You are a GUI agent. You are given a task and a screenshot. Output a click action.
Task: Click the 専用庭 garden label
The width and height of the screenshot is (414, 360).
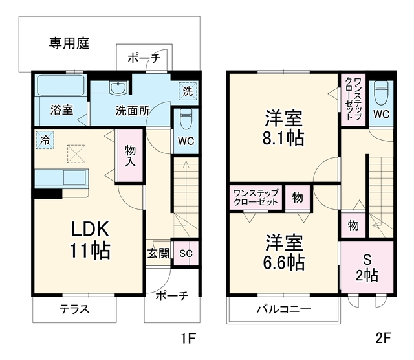click(69, 43)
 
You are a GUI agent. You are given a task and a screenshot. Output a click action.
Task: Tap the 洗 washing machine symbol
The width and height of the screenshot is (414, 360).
click(188, 91)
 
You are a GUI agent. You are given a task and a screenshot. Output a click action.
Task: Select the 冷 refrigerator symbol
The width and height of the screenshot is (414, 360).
click(45, 140)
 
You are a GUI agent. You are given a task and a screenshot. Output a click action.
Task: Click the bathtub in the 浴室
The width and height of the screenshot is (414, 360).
click(61, 85)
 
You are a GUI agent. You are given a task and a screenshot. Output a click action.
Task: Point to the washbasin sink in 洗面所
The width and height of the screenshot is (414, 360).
click(118, 88)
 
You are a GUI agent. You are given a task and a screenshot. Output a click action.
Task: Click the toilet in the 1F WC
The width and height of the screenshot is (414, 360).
click(186, 118)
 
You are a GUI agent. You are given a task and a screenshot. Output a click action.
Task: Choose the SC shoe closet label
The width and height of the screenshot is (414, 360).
click(186, 253)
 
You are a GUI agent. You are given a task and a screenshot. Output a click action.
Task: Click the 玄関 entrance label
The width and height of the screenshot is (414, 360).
click(158, 253)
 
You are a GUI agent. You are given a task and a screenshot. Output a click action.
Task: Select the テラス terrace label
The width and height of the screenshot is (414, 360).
click(74, 309)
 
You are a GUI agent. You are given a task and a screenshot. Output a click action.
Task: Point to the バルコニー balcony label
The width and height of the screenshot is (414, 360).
click(284, 309)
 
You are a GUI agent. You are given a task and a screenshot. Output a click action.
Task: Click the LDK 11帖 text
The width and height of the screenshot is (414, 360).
click(90, 240)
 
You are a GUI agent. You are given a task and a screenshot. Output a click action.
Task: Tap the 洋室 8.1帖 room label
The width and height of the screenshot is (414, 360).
click(283, 128)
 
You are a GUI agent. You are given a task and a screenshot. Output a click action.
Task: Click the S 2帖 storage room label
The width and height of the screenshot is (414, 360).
click(367, 268)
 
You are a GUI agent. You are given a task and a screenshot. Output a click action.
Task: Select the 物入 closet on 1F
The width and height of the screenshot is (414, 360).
click(131, 155)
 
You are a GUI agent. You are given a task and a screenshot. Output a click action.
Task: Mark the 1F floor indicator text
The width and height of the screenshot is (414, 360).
click(188, 338)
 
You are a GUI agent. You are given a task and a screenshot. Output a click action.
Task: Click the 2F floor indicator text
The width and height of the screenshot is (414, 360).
click(383, 338)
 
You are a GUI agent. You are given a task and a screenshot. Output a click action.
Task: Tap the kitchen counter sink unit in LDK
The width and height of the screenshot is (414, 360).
click(61, 179)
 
